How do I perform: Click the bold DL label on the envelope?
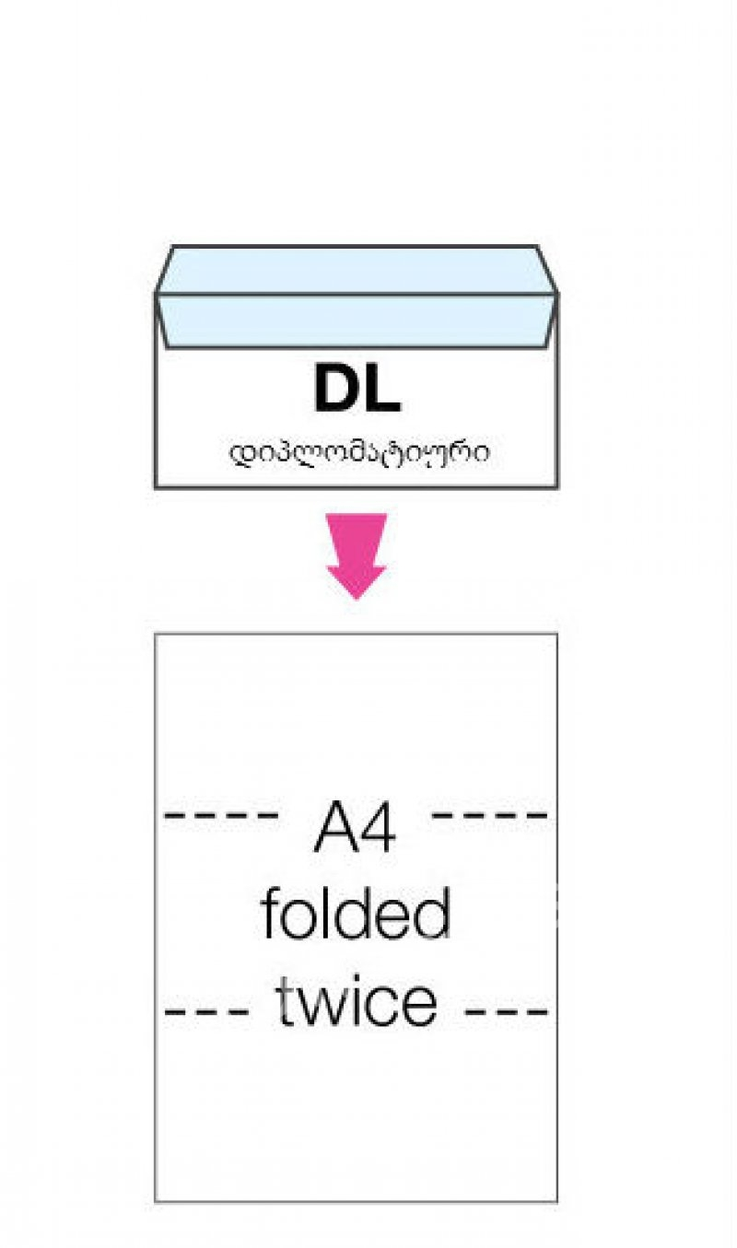[x=357, y=390]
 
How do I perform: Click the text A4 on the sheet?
[x=356, y=827]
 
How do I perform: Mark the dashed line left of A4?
[x=221, y=815]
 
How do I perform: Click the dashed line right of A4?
[x=490, y=815]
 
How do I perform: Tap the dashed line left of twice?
[x=207, y=1010]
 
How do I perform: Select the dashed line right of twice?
[x=508, y=1010]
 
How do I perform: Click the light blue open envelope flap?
[x=356, y=295]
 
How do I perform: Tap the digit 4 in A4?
[x=379, y=828]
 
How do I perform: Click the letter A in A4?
[x=334, y=828]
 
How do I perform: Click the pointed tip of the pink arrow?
[x=357, y=597]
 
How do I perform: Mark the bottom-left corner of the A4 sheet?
[x=156, y=1201]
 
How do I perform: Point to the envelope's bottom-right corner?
[x=556, y=485]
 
